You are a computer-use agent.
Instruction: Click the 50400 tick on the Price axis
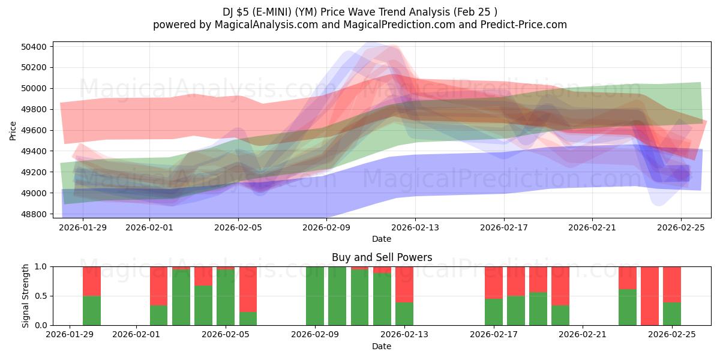[37, 47]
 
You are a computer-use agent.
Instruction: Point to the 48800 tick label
[37, 214]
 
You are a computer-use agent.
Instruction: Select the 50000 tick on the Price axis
[37, 88]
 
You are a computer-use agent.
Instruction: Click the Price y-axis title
[13, 130]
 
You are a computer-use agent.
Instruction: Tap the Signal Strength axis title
[25, 296]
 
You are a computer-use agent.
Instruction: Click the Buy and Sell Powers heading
[382, 257]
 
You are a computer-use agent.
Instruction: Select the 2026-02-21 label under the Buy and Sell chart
[583, 334]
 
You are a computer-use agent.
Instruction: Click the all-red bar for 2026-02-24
[650, 296]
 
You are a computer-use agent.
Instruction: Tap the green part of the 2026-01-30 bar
[92, 310]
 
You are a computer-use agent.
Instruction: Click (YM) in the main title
[306, 11]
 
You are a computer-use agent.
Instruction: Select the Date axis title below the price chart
[382, 239]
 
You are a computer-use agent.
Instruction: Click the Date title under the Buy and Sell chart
[382, 346]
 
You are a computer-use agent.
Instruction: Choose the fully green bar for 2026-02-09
[315, 296]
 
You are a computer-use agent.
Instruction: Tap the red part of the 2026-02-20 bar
[560, 286]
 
